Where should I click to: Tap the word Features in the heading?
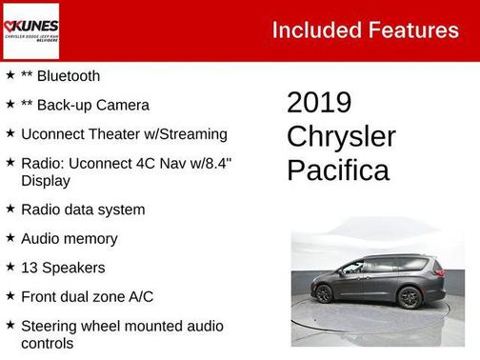pyautogui.click(x=414, y=30)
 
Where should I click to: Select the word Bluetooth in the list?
pyautogui.click(x=68, y=75)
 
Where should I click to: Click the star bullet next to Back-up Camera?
pyautogui.click(x=10, y=105)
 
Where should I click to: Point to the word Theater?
pyautogui.click(x=109, y=134)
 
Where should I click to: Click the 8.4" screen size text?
pyautogui.click(x=212, y=164)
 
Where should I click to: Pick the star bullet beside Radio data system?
pyautogui.click(x=10, y=210)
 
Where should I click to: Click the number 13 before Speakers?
pyautogui.click(x=29, y=268)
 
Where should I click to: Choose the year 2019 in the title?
pyautogui.click(x=319, y=103)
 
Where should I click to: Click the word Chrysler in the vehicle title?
pyautogui.click(x=341, y=136)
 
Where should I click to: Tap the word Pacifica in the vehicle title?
pyautogui.click(x=338, y=170)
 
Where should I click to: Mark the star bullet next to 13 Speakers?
pyautogui.click(x=10, y=268)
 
